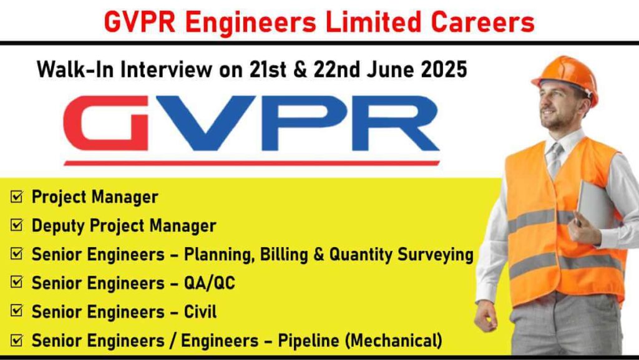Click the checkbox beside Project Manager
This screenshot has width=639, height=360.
point(17,198)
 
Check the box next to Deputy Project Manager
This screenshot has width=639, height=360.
point(17,226)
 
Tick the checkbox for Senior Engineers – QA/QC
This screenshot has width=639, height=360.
point(17,284)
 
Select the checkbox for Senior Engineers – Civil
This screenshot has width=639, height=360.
point(17,312)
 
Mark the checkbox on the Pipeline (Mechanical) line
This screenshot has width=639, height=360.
point(17,341)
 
